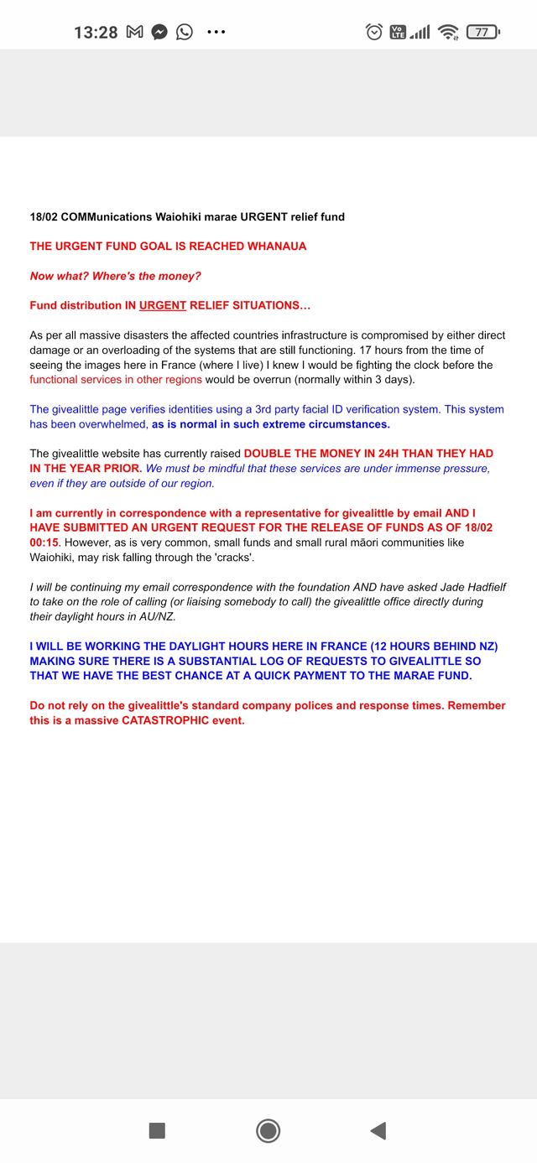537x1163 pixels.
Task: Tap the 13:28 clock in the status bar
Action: point(96,32)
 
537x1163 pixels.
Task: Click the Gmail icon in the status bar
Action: point(134,32)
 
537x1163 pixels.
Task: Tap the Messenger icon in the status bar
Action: point(159,32)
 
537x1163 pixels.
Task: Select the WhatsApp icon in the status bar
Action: point(184,32)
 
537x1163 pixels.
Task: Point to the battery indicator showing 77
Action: point(482,32)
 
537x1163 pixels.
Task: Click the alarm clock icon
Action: point(374,32)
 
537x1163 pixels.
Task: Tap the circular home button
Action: point(268,1130)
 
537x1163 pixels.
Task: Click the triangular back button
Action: point(378,1130)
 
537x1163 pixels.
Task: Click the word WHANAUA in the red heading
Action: point(277,247)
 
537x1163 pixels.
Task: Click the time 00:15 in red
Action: point(44,543)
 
